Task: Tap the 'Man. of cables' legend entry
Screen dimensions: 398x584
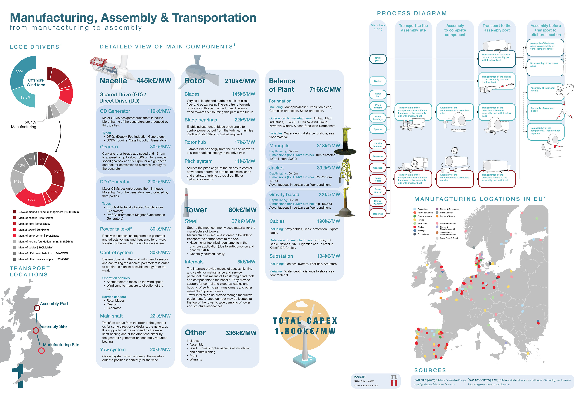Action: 35,247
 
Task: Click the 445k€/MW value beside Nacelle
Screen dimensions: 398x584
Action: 154,80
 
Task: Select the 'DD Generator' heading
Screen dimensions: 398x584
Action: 115,182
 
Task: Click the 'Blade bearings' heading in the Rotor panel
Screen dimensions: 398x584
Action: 201,120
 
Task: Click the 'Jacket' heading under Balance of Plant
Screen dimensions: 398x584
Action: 276,168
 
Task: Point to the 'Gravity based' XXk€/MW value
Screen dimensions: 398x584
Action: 329,194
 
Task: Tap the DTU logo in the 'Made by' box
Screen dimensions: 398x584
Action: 394,380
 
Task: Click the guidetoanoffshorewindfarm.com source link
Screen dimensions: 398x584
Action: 434,384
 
